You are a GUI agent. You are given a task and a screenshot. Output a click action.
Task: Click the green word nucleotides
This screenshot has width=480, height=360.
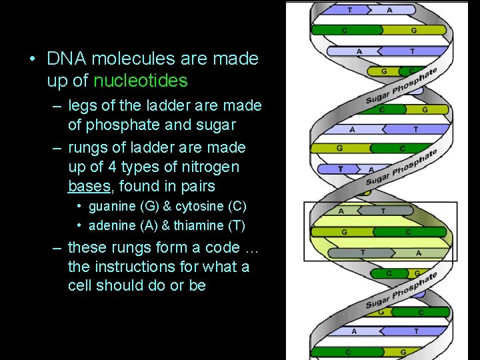[141, 81]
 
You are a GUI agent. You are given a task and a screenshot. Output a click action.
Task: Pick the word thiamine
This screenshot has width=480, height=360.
[199, 225]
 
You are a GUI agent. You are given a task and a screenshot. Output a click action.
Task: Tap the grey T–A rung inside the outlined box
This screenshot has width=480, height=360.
[380, 253]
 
